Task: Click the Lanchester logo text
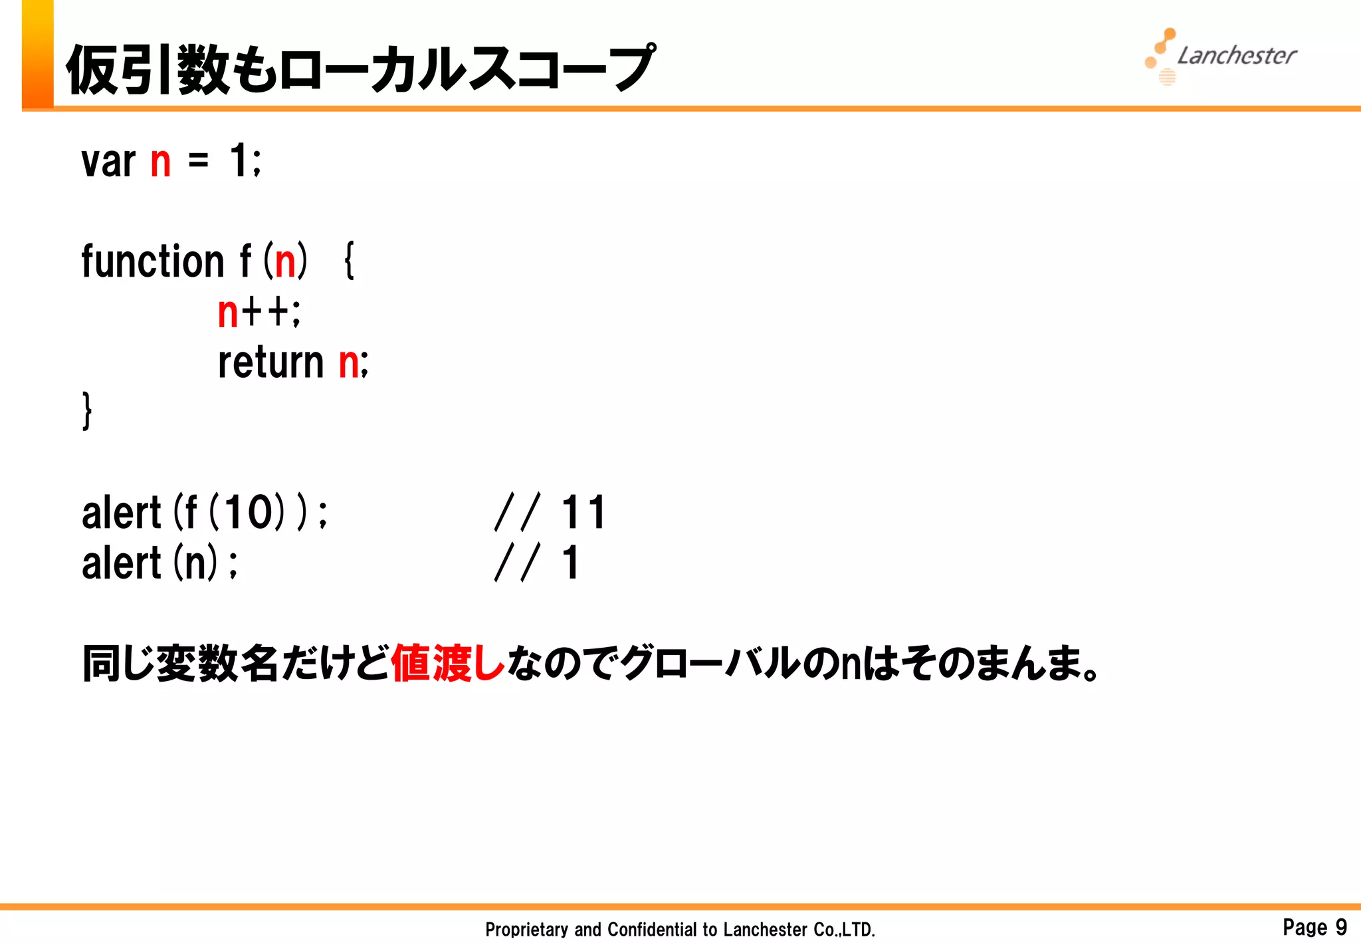pos(1236,56)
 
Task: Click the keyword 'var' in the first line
pos(108,162)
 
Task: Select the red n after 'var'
pos(161,163)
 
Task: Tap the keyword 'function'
pos(153,261)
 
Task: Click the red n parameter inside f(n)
pos(285,262)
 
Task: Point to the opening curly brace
pos(350,261)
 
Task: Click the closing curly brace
pos(87,410)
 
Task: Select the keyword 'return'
pos(270,362)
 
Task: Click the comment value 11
pos(583,513)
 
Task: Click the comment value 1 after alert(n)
pos(571,563)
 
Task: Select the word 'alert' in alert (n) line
pos(121,563)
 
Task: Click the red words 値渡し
pos(448,664)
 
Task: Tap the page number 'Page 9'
pos(1314,926)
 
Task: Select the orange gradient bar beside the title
pos(37,53)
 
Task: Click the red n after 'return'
pos(349,364)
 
